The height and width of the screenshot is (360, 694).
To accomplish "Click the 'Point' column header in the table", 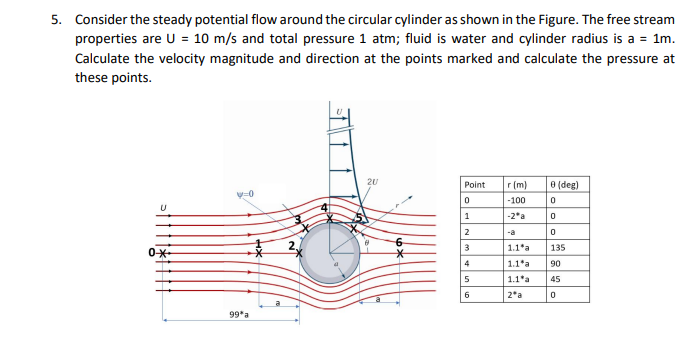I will coord(475,185).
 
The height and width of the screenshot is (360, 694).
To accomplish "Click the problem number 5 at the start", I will coord(57,19).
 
